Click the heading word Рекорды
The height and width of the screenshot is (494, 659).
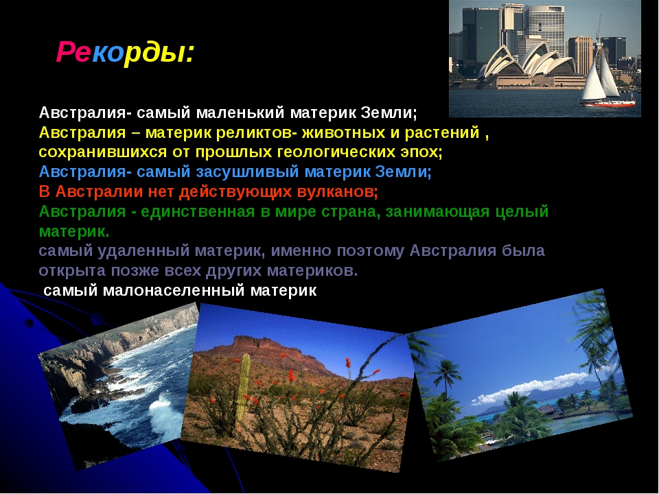click(x=125, y=53)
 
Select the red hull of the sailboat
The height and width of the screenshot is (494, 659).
click(x=608, y=103)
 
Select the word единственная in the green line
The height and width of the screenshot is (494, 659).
click(x=198, y=211)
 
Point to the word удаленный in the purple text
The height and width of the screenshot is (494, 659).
click(x=143, y=251)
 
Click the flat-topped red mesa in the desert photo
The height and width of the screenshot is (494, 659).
click(x=269, y=345)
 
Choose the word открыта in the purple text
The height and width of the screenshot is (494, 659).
click(x=72, y=270)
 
